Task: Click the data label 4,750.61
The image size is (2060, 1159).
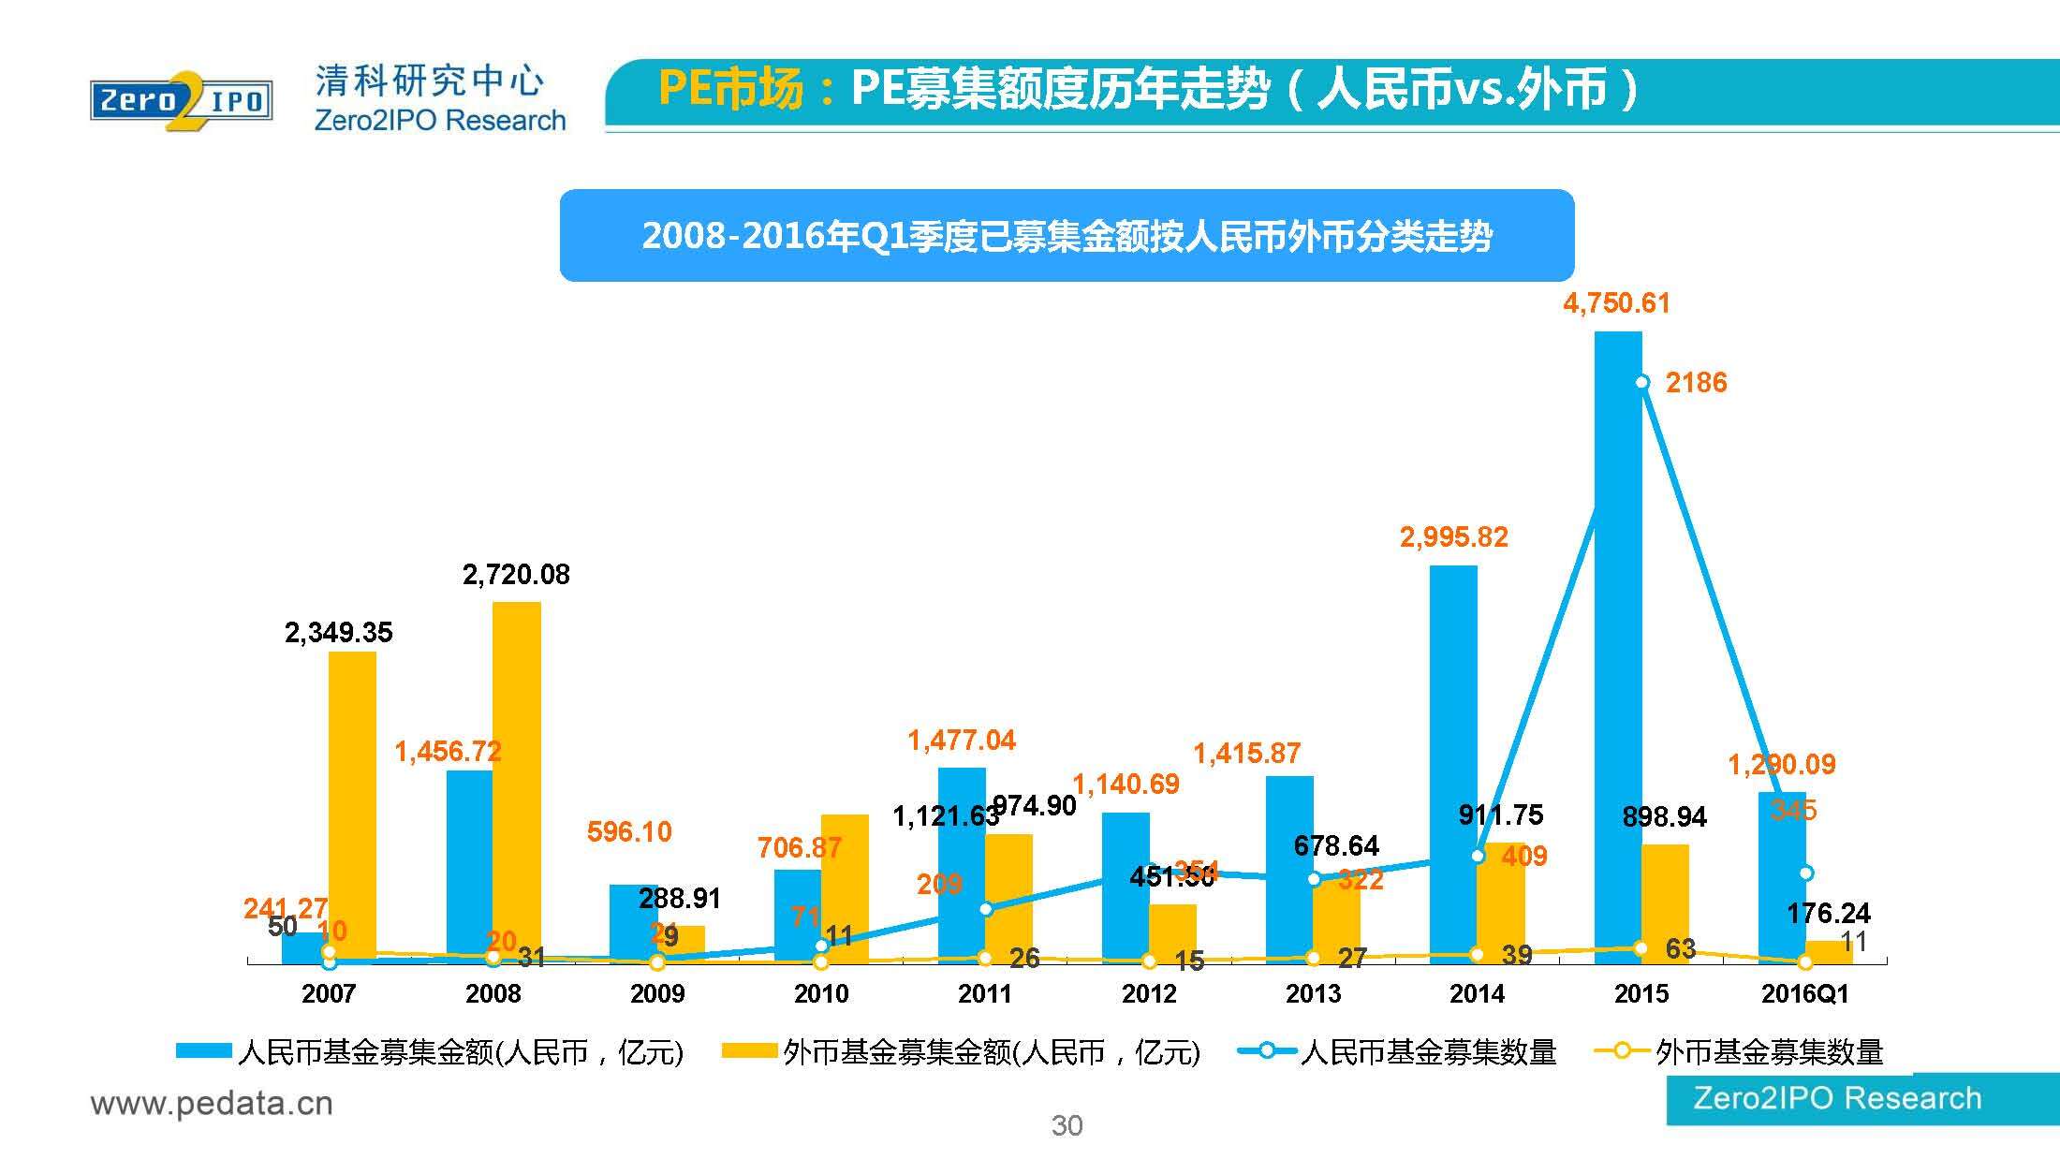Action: point(1616,303)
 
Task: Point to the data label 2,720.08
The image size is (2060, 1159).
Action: point(516,574)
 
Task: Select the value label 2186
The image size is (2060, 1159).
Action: point(1696,382)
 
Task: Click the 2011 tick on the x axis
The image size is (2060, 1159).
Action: point(985,993)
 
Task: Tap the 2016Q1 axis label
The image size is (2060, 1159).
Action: point(1804,993)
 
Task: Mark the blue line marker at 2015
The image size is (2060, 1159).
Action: point(1641,382)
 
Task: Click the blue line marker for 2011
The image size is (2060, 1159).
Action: point(985,909)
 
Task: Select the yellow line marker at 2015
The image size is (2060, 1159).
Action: point(1641,948)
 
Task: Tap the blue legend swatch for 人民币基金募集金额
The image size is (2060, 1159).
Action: point(204,1051)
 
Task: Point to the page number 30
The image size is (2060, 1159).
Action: point(1067,1125)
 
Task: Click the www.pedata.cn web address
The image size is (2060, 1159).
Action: point(212,1104)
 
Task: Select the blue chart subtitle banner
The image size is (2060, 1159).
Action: point(1067,236)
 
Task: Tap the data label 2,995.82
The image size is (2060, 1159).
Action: point(1453,537)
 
